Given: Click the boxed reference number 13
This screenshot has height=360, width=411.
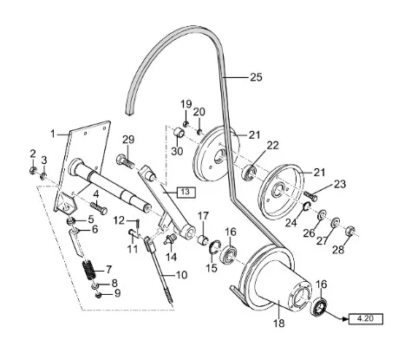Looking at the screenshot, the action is click(x=186, y=192).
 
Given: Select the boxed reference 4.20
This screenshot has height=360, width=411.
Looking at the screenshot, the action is click(x=366, y=318).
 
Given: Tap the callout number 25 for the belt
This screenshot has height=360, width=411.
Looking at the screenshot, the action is click(x=256, y=77).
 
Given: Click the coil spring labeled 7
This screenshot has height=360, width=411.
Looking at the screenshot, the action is click(x=88, y=270).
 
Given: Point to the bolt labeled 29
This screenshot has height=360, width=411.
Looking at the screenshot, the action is click(x=126, y=161).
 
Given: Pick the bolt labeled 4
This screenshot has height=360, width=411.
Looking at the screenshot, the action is click(x=99, y=208).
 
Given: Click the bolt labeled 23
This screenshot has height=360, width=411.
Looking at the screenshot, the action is click(x=310, y=196).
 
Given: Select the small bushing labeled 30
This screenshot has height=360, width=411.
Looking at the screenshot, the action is click(x=179, y=134).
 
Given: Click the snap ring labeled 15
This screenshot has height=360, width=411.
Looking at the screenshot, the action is click(x=215, y=246).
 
